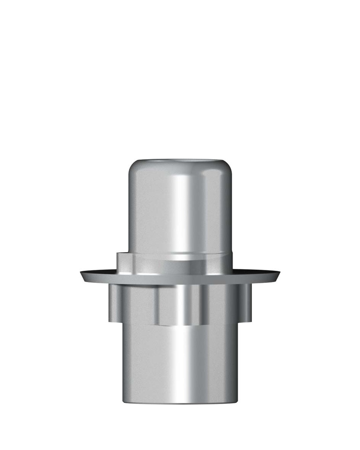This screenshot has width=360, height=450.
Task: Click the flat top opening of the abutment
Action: point(180,161)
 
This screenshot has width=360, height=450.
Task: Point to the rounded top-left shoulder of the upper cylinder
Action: point(132,169)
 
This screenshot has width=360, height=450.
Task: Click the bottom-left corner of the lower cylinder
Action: point(124,401)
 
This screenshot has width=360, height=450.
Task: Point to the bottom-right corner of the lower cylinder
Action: point(236,401)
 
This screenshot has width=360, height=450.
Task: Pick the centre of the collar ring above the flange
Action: point(180,264)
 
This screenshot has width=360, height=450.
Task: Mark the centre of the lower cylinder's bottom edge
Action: point(180,403)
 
